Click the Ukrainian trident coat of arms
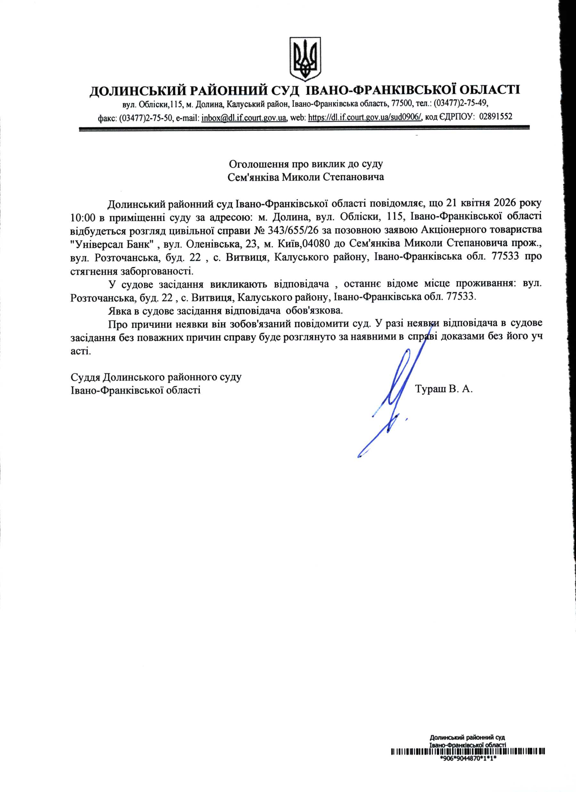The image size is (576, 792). pos(305,59)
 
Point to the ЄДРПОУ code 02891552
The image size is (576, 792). pos(496,117)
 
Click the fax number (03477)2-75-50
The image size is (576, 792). pos(146,117)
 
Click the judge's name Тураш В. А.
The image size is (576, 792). pos(444,389)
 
